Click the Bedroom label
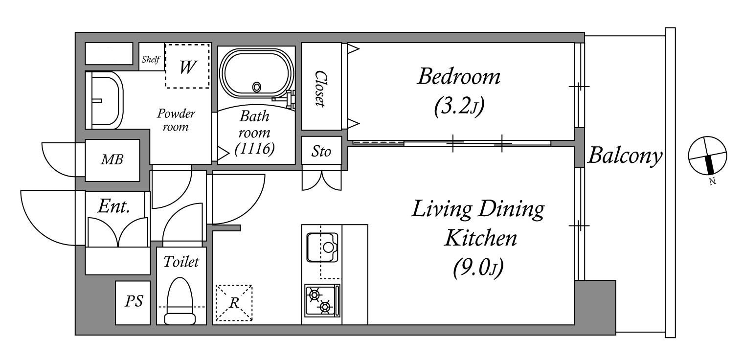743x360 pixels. click(459, 77)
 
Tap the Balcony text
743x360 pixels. click(625, 156)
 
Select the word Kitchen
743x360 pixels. click(481, 238)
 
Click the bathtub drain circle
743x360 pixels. click(256, 87)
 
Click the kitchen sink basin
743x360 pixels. click(322, 247)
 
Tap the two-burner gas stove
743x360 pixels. click(322, 300)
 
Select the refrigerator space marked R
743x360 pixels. click(234, 303)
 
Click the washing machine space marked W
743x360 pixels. click(187, 66)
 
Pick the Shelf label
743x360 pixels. click(151, 59)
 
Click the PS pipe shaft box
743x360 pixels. click(133, 303)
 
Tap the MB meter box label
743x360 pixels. click(112, 159)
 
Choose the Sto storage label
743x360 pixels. click(321, 151)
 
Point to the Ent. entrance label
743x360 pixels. click(113, 206)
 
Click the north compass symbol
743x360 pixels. click(707, 155)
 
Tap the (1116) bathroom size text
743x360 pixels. click(254, 149)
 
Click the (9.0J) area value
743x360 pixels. click(478, 267)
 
